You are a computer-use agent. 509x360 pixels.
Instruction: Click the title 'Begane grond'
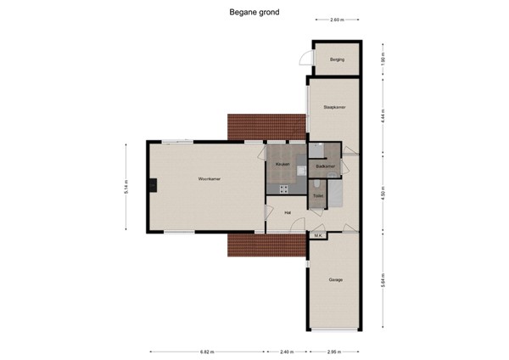[x=255, y=13]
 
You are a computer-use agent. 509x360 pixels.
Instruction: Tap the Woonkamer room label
[x=210, y=179]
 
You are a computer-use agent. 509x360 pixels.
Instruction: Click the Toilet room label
[x=317, y=196]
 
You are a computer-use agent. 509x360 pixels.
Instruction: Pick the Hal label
[x=288, y=212]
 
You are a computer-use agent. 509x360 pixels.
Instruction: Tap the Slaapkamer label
[x=334, y=107]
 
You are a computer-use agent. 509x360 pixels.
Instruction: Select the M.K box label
[x=318, y=235]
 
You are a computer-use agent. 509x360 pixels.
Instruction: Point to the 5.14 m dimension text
[x=126, y=188]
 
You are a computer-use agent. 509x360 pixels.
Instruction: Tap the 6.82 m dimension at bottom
[x=206, y=350]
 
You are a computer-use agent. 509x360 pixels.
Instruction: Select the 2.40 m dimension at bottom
[x=287, y=350]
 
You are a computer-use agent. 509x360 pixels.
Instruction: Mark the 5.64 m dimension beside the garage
[x=383, y=281]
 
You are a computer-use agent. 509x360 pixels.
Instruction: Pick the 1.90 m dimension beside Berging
[x=383, y=60]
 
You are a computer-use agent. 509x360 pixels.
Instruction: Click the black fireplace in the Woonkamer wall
[x=151, y=187]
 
